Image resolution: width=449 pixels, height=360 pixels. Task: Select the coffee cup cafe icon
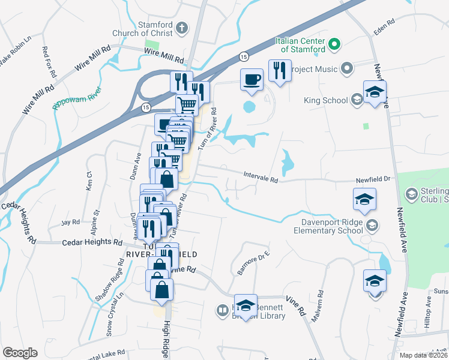[x=252, y=79]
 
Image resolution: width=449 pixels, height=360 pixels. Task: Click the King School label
[x=326, y=100]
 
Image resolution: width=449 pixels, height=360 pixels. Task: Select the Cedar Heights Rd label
[x=92, y=242]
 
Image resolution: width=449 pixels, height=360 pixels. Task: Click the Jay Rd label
[x=70, y=222]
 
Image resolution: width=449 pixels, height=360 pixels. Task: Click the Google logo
[x=20, y=353]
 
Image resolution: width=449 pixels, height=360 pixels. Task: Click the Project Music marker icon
[x=346, y=68]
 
